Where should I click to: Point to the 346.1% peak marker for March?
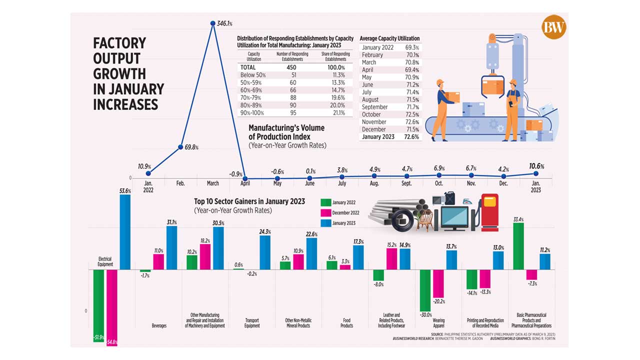tap(213, 23)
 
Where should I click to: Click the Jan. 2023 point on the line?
tap(536, 173)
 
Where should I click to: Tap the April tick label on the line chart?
tap(245, 183)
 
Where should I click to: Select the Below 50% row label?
tap(253, 75)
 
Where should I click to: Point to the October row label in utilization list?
tap(374, 114)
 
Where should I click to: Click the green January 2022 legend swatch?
tap(325, 202)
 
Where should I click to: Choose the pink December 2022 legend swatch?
tap(325, 212)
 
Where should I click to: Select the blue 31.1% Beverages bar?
tap(171, 248)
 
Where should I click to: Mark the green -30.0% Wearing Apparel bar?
tap(425, 290)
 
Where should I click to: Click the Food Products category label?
tap(346, 322)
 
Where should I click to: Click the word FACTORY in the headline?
tap(119, 43)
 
